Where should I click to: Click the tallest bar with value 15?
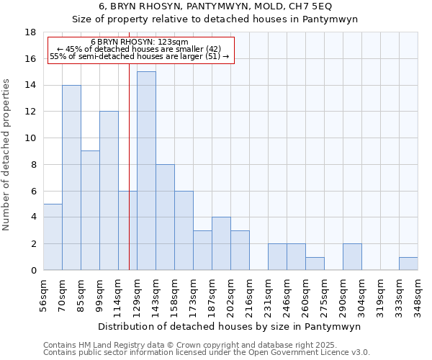[146, 171]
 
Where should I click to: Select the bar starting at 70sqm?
[71, 177]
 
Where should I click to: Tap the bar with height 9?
[90, 210]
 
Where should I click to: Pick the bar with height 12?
[109, 191]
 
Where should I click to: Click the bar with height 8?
[165, 217]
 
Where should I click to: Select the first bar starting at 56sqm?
[53, 237]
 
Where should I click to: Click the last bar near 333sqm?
[408, 264]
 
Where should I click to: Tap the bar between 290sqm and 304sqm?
[352, 257]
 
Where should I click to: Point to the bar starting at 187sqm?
[221, 243]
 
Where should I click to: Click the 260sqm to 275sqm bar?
[315, 264]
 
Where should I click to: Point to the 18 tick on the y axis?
[30, 32]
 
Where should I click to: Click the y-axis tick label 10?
[30, 138]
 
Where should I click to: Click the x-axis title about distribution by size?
[230, 326]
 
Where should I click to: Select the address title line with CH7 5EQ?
[215, 6]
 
